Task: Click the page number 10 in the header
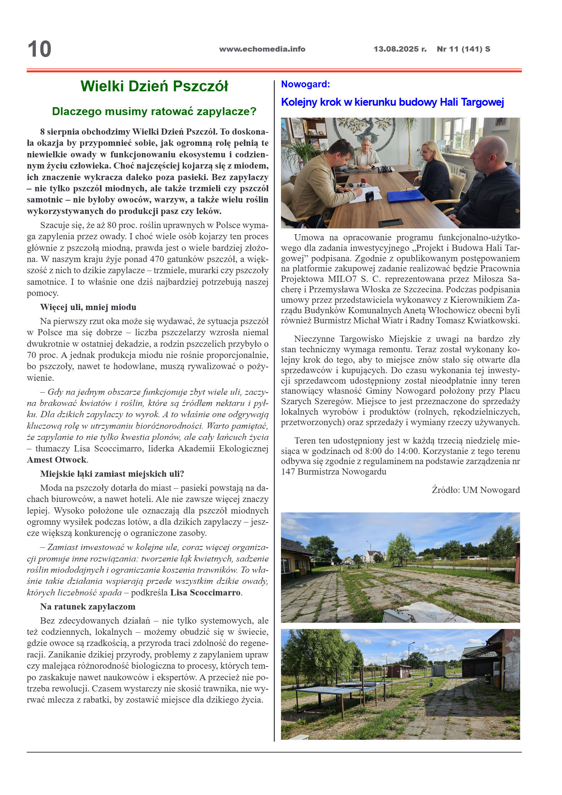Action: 40,49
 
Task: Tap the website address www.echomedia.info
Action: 262,49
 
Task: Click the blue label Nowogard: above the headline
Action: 305,84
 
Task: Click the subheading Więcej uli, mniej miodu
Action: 88,307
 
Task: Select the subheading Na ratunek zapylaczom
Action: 88,607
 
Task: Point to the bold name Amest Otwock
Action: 57,460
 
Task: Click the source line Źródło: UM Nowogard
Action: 475,490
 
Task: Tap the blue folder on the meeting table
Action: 405,196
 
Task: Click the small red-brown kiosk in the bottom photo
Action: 398,671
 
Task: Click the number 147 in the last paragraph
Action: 288,472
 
